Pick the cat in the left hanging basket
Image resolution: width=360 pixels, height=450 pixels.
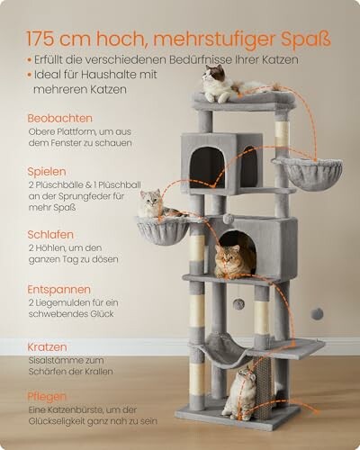(153, 206)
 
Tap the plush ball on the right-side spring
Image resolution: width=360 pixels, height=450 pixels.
(317, 312)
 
